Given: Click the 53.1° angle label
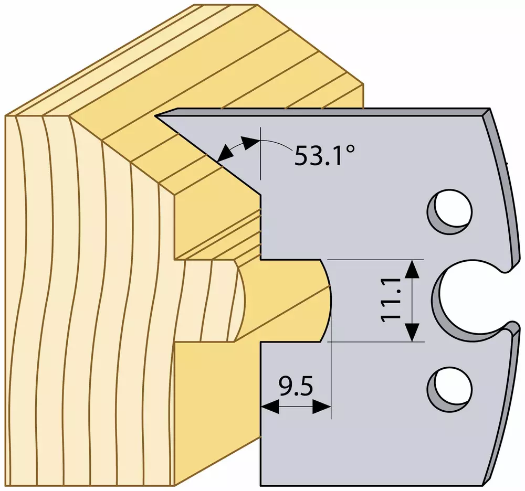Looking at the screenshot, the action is point(324,155).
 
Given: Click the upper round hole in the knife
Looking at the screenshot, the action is point(450,211).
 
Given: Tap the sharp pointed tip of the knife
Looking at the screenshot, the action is point(155,116).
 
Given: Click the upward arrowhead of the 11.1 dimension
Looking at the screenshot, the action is point(412,270).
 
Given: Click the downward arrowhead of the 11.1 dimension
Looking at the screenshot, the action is point(412,332).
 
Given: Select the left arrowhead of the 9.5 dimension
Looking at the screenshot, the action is point(270,408).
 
